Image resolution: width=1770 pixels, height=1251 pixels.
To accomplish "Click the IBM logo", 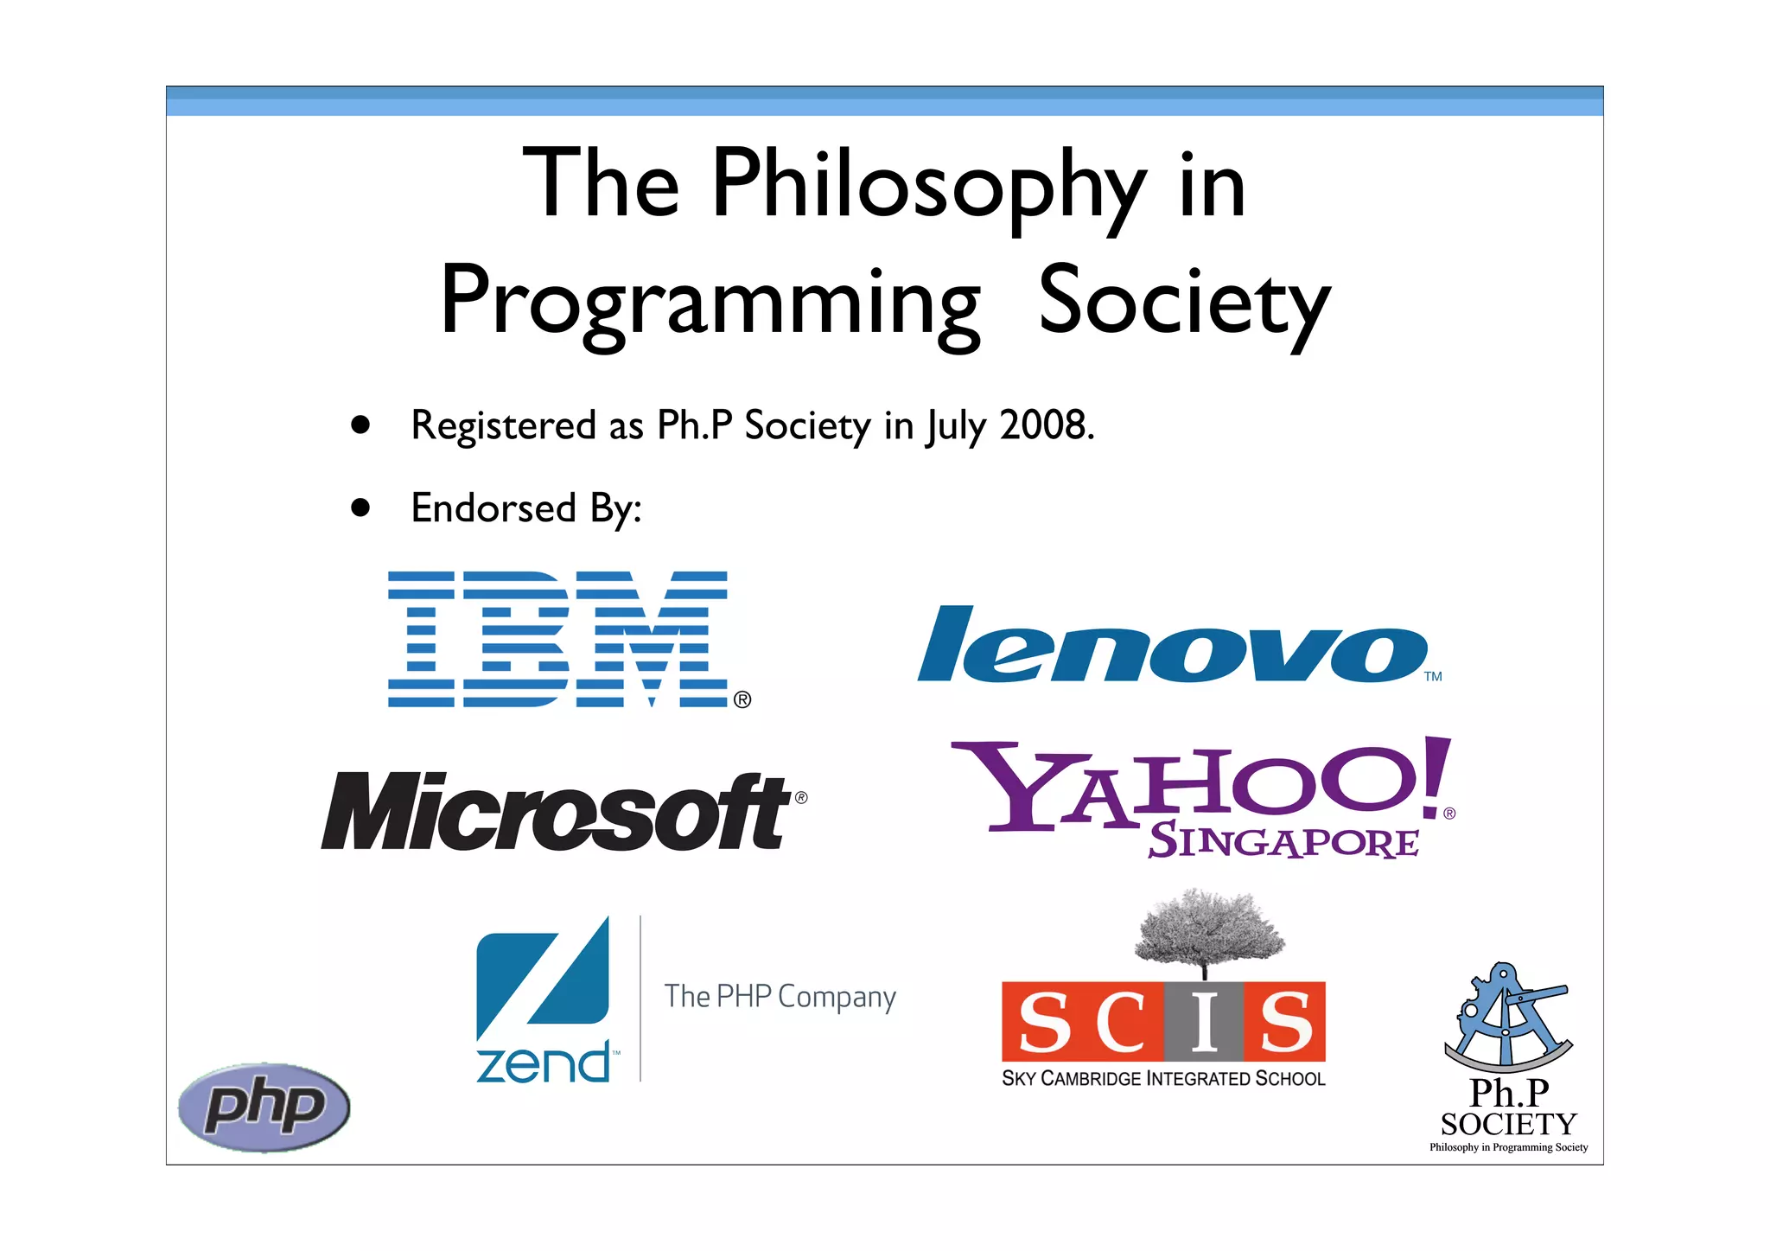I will [x=557, y=639].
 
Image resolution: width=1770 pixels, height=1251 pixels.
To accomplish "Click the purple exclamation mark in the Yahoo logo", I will [x=1434, y=777].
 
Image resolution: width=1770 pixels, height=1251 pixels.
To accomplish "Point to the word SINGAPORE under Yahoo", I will [x=1283, y=841].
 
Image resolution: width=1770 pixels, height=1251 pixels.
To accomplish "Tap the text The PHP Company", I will [x=780, y=997].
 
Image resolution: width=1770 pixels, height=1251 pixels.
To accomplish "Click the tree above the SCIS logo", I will [x=1207, y=929].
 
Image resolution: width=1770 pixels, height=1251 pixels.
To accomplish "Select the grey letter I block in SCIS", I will [x=1203, y=1022].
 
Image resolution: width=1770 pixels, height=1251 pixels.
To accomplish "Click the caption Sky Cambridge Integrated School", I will [x=1163, y=1078].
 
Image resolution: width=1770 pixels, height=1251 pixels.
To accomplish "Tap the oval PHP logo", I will [x=264, y=1107].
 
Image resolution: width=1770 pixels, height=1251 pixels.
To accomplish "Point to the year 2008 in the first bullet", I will [x=1046, y=425].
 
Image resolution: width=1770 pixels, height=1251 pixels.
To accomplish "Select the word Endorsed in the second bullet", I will [x=493, y=507].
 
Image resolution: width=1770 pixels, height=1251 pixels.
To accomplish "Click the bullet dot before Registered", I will [x=360, y=425].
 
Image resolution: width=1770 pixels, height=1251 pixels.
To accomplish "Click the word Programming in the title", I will [x=710, y=303].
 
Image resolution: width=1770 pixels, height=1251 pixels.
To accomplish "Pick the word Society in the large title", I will [x=1184, y=303].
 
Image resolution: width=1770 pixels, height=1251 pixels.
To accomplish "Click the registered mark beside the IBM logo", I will [x=742, y=699].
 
